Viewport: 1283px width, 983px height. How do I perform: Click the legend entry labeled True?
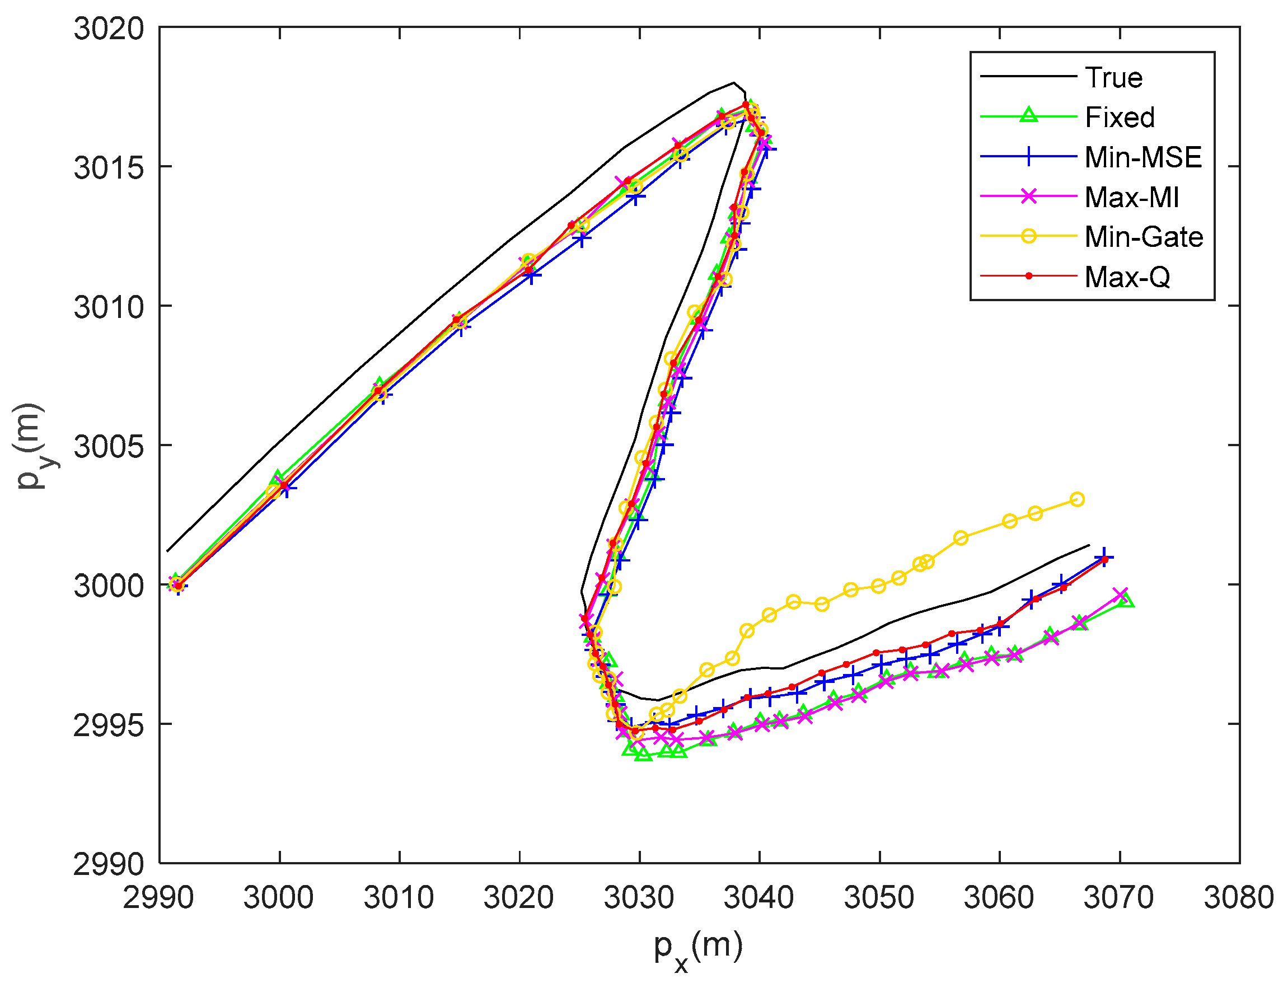1113,78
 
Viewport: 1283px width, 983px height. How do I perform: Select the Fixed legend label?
1120,118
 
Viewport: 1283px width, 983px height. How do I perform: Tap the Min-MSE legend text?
1143,157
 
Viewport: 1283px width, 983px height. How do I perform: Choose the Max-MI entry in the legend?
1131,197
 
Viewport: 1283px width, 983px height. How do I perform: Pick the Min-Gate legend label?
1144,237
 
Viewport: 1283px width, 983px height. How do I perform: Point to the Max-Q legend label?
1127,277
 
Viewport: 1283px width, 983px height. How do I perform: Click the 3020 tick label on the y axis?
109,28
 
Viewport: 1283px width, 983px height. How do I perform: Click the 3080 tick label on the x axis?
1239,897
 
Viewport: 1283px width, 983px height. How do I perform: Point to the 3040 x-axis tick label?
760,897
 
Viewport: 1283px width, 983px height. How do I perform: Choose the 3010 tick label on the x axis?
399,897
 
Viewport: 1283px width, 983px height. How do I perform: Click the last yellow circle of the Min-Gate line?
1077,499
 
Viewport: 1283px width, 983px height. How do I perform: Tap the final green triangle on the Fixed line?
1126,600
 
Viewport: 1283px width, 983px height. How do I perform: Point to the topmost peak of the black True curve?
734,82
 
